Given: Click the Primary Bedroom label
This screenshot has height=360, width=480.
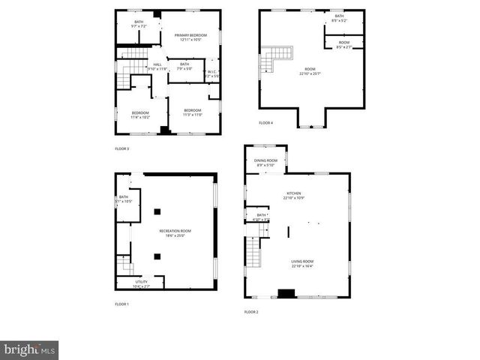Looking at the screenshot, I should (x=190, y=37).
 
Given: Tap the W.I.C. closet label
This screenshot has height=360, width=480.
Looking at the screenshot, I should (x=212, y=73).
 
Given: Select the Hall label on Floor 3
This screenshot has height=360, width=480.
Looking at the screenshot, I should (x=157, y=67).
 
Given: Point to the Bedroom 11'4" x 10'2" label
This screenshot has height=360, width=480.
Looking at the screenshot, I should (x=140, y=115).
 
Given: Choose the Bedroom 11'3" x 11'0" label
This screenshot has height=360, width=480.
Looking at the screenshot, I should (x=193, y=112).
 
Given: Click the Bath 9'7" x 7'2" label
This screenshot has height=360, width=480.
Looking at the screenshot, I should (x=139, y=24).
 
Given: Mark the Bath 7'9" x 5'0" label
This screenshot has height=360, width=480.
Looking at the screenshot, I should (x=184, y=66).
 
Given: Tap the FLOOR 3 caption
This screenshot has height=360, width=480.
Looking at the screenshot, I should (x=121, y=148).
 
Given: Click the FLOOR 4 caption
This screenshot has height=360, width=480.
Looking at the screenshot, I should (x=266, y=122).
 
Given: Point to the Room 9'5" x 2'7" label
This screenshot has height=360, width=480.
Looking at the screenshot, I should (x=343, y=44).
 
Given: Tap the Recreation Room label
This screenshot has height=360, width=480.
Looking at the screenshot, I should (x=175, y=232).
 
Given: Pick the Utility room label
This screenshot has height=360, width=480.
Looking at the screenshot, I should (x=141, y=283).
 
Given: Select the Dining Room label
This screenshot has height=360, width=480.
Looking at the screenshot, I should (x=265, y=163).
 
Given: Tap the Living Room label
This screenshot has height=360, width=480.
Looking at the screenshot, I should (x=302, y=263).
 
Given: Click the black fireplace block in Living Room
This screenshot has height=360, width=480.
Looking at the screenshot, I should (x=286, y=293).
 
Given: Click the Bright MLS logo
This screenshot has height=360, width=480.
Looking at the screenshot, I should (x=30, y=349).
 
